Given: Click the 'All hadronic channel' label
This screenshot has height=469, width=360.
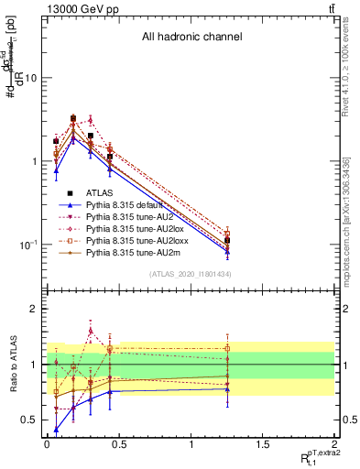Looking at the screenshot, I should [x=191, y=38].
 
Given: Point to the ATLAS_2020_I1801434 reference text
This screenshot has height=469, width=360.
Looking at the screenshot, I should [x=191, y=274].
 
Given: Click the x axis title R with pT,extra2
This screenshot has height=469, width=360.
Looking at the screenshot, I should [x=312, y=456].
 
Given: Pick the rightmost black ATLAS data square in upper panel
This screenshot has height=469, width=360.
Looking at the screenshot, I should [x=227, y=240].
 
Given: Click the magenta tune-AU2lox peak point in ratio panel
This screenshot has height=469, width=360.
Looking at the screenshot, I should [x=91, y=331].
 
